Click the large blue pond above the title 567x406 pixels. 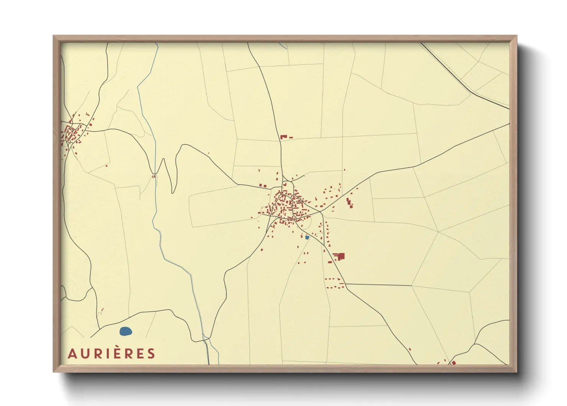click(126, 331)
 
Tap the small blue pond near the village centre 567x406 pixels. click(307, 238)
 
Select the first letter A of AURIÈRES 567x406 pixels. click(72, 354)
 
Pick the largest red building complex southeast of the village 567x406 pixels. click(339, 256)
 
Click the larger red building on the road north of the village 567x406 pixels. click(283, 136)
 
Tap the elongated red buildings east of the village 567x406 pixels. click(349, 203)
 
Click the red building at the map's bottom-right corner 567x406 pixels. click(453, 362)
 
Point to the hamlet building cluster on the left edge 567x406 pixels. click(73, 132)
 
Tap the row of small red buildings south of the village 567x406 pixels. click(332, 279)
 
